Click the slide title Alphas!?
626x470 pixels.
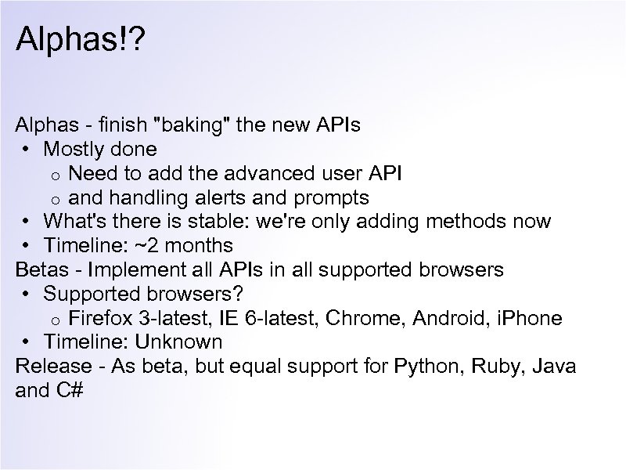(77, 38)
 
